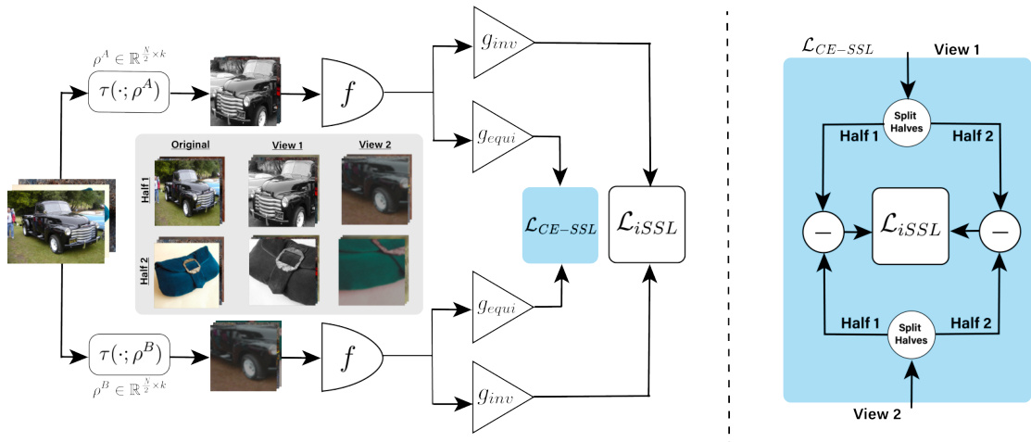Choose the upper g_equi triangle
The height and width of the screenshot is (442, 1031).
click(499, 142)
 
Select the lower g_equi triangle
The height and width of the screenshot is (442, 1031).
click(499, 305)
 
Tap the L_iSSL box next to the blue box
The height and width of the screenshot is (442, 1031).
click(646, 224)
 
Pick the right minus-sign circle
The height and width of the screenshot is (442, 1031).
click(998, 231)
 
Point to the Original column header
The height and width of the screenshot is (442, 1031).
click(190, 145)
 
